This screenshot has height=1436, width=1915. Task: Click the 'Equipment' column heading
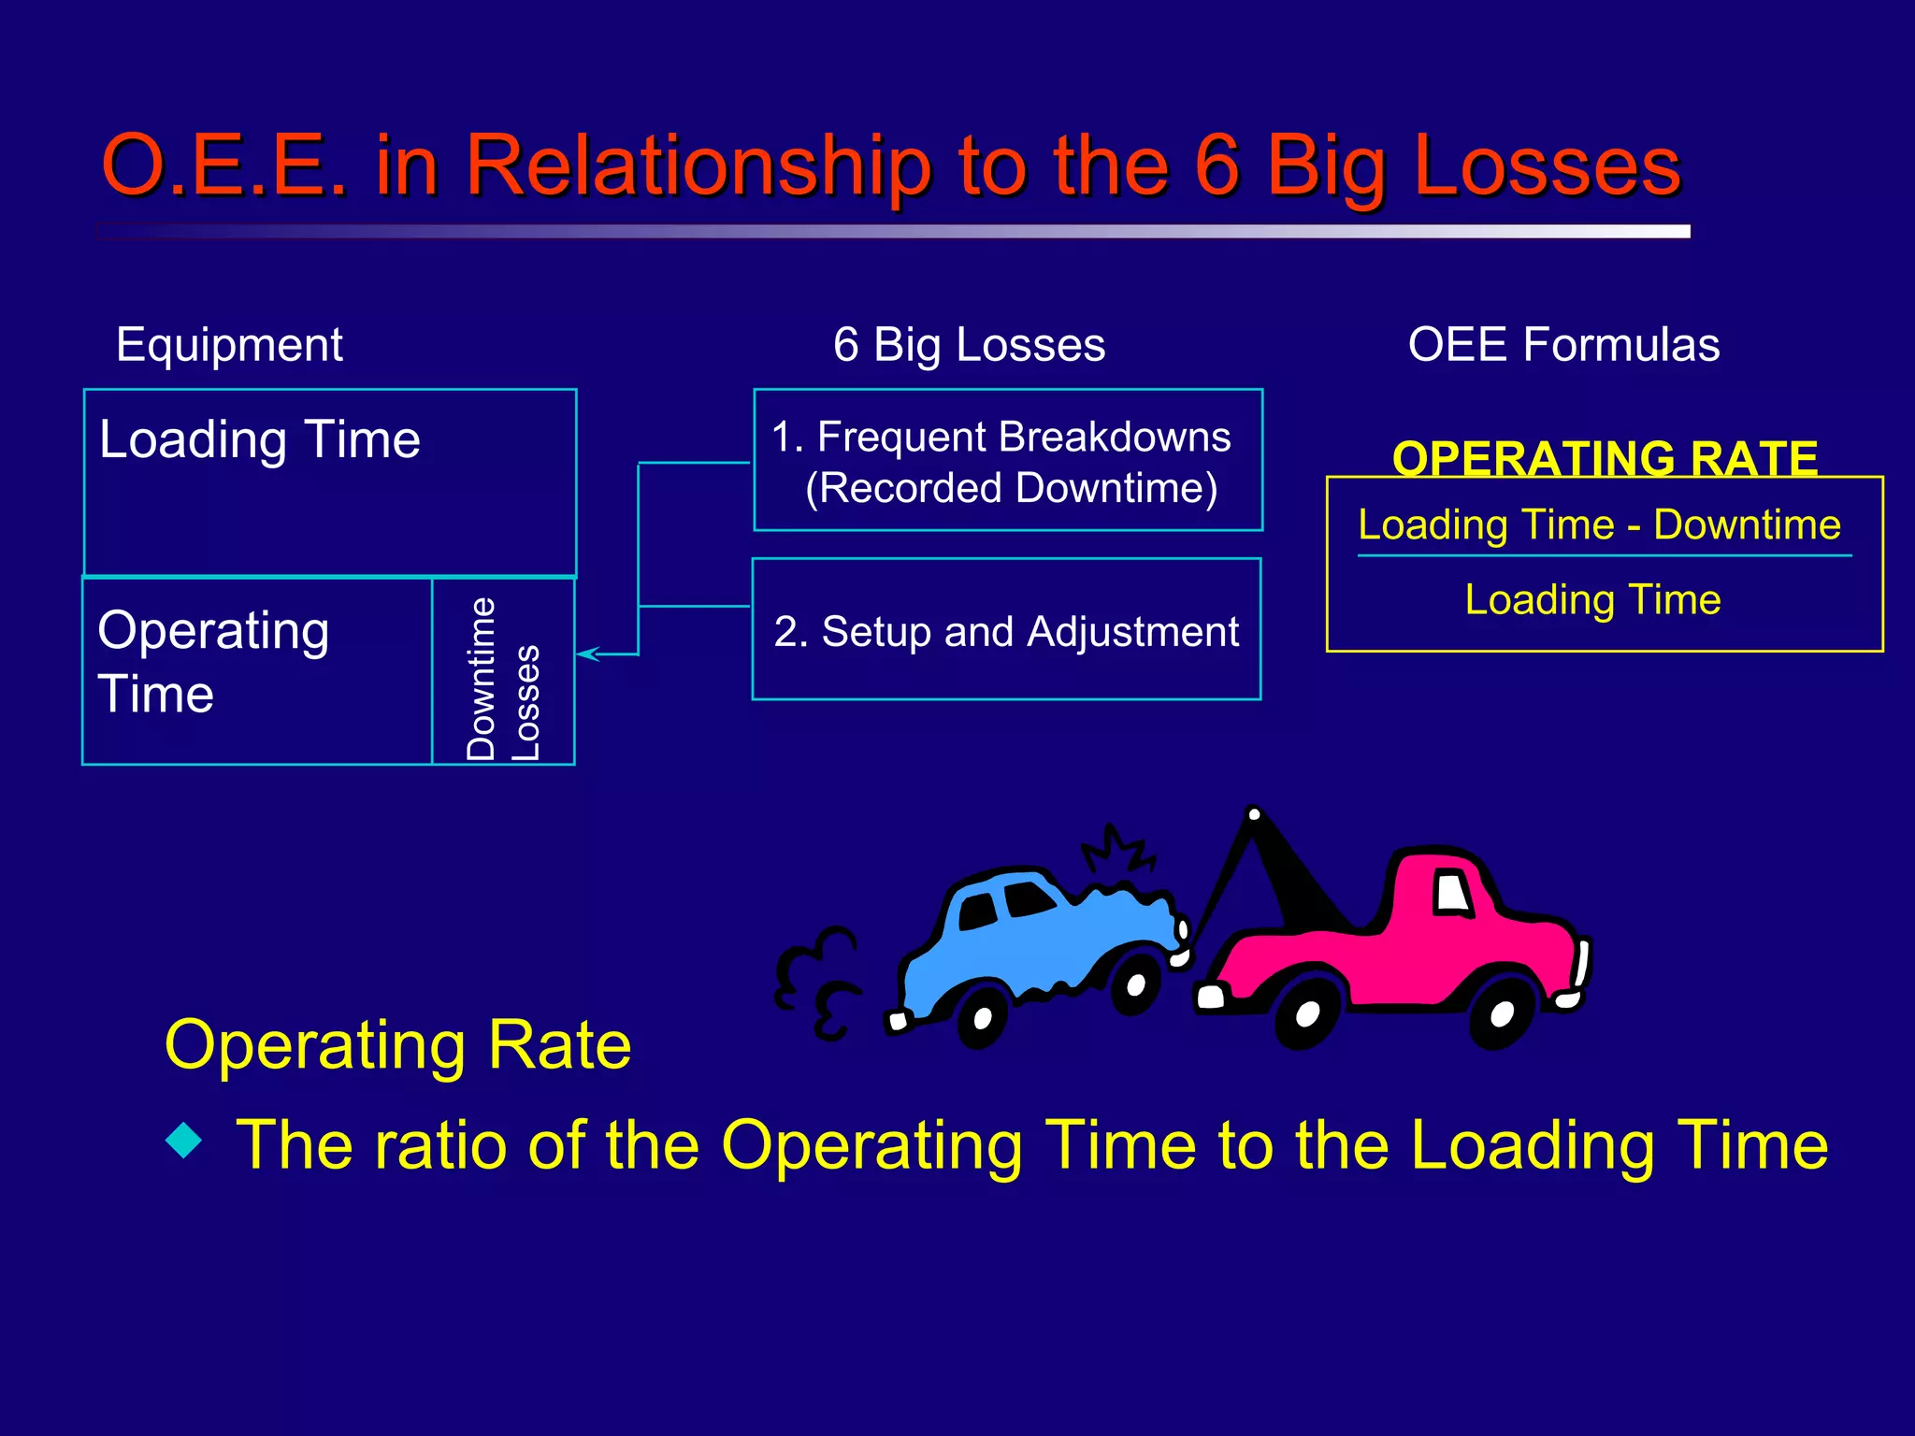[229, 345]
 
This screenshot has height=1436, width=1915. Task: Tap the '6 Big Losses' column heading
[969, 345]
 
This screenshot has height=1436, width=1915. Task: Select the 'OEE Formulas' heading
[1563, 345]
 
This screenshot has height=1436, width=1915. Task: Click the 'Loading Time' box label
[260, 439]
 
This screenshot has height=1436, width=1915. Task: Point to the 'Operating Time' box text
[213, 661]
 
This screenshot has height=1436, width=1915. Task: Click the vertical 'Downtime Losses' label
[503, 679]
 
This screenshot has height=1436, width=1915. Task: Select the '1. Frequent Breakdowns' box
[1008, 461]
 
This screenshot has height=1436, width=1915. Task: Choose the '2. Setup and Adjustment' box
[1006, 631]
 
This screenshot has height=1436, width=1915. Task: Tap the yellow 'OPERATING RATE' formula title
[1605, 458]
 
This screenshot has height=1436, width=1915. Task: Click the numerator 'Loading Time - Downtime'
[1599, 524]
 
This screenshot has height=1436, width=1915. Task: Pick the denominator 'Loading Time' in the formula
[1592, 599]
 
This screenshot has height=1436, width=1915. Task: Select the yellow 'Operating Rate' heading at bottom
[397, 1044]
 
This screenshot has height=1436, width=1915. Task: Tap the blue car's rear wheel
[982, 1017]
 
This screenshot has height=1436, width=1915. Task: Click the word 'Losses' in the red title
[1548, 166]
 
